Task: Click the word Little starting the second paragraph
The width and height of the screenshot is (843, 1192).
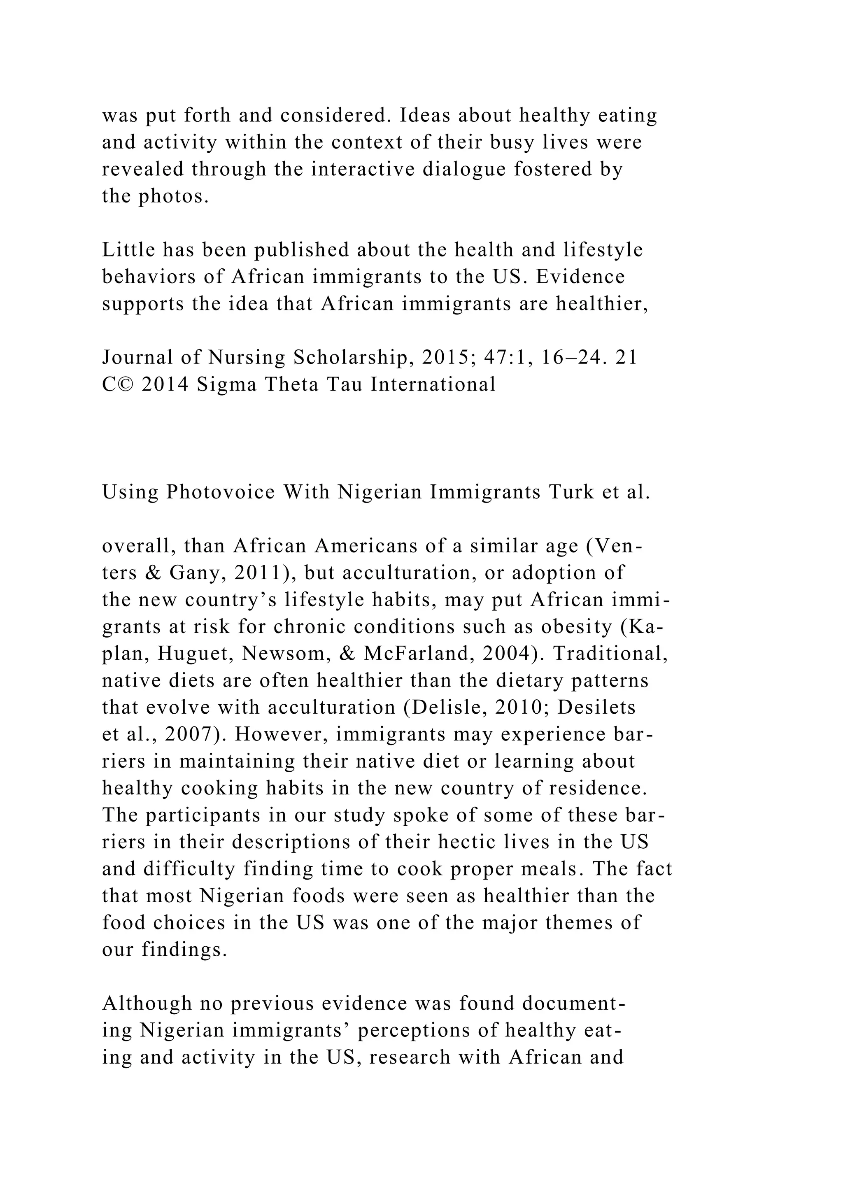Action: [128, 250]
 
